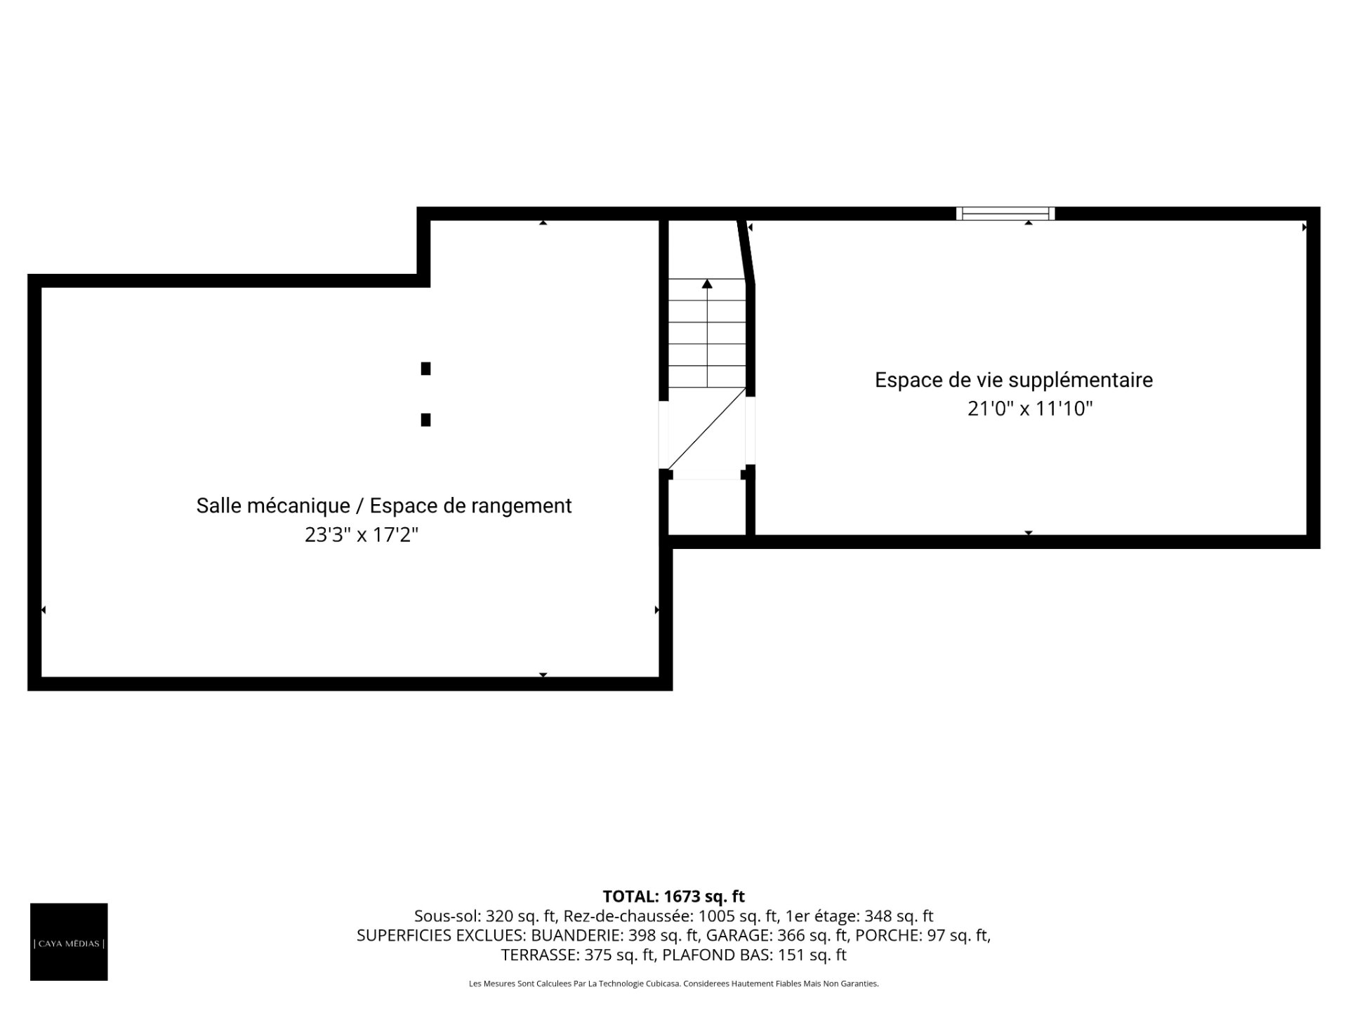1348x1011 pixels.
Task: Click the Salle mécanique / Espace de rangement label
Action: pyautogui.click(x=384, y=506)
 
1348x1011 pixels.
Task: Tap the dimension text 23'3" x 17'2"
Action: pyautogui.click(x=362, y=535)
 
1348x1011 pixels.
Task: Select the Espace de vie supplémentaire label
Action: pyautogui.click(x=1014, y=381)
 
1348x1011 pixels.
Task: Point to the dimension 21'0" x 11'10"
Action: pyautogui.click(x=1030, y=409)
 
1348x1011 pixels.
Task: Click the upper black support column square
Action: pyautogui.click(x=425, y=369)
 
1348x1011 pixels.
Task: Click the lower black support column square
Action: pyautogui.click(x=425, y=420)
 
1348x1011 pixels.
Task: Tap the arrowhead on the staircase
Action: pyautogui.click(x=707, y=284)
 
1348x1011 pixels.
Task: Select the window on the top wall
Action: pyautogui.click(x=1005, y=213)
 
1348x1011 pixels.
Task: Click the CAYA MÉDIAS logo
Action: pyautogui.click(x=69, y=941)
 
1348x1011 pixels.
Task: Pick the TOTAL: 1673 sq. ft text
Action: pyautogui.click(x=674, y=897)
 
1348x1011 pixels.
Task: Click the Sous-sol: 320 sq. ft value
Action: pyautogui.click(x=484, y=916)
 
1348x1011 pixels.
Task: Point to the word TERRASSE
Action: pyautogui.click(x=539, y=955)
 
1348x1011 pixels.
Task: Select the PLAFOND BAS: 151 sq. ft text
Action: pyautogui.click(x=755, y=955)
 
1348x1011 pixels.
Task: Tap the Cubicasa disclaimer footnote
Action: pyautogui.click(x=674, y=984)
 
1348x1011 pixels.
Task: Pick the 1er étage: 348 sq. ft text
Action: pyautogui.click(x=859, y=916)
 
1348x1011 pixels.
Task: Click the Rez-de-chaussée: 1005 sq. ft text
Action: pyautogui.click(x=670, y=916)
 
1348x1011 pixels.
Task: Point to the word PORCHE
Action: pyautogui.click(x=881, y=935)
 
